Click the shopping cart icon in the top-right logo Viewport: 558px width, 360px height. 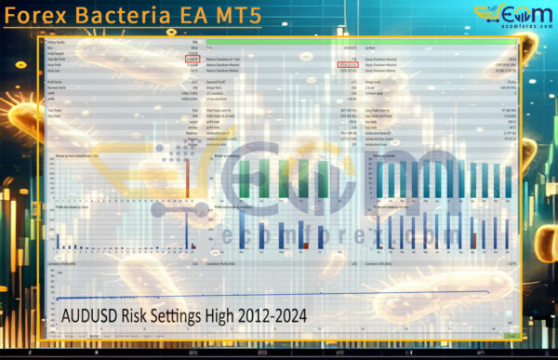point(487,13)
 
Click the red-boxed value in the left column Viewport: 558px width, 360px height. point(193,59)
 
